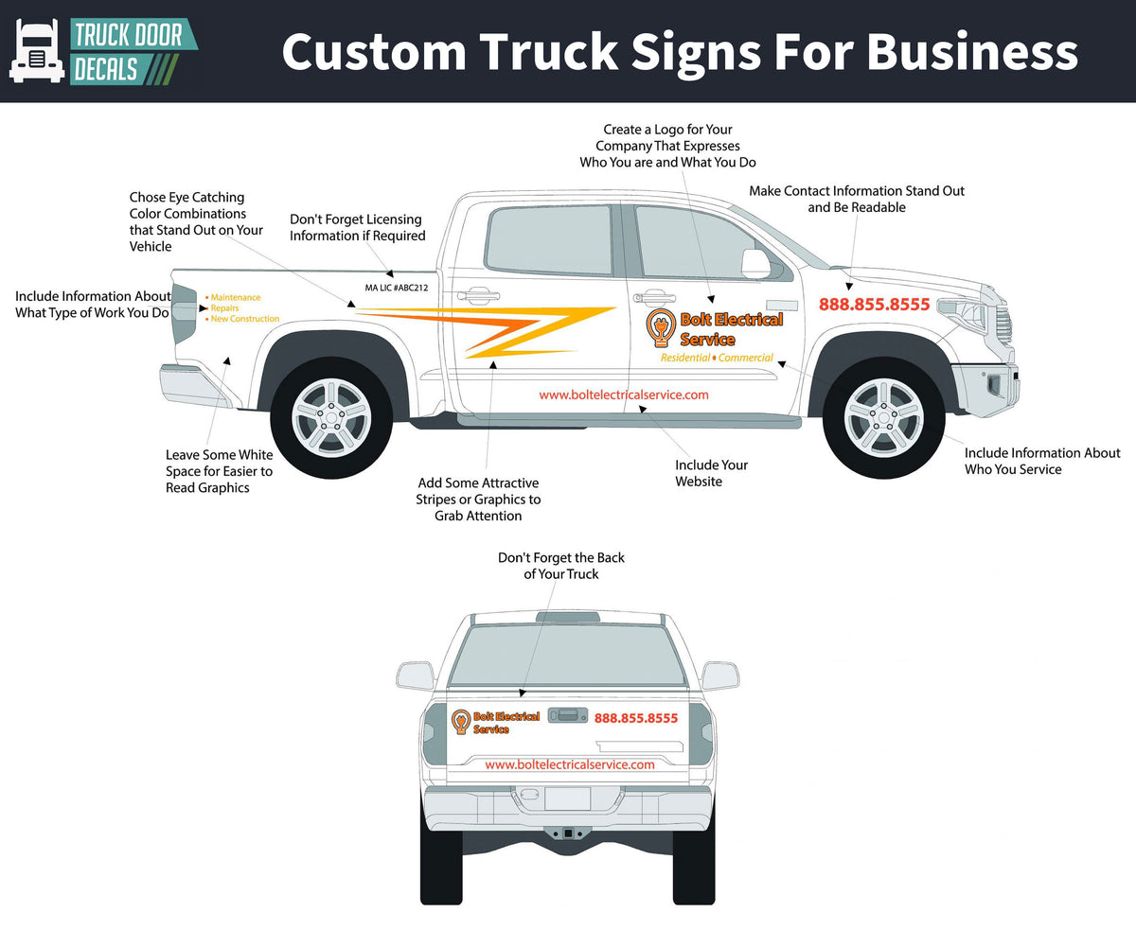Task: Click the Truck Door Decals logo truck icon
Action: [x=37, y=51]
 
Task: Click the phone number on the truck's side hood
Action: [x=874, y=305]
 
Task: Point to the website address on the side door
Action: [x=623, y=395]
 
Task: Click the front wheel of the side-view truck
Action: [x=882, y=412]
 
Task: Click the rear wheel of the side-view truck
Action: [x=331, y=412]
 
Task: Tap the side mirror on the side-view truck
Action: [x=756, y=263]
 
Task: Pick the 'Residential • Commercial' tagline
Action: [x=717, y=358]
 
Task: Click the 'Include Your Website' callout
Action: [x=711, y=473]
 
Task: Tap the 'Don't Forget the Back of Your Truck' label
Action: [x=561, y=566]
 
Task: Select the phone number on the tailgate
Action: [x=636, y=718]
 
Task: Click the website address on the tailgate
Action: [x=569, y=764]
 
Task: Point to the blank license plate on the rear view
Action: [x=567, y=798]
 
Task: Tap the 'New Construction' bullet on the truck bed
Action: [x=244, y=319]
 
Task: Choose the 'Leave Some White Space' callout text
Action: [x=219, y=471]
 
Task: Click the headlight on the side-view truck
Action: [x=966, y=311]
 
